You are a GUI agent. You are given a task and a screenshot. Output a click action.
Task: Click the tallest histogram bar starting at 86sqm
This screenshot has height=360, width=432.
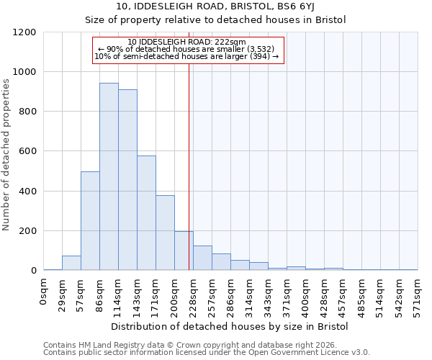(109, 176)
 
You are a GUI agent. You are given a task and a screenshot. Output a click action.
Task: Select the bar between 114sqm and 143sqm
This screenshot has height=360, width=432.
(127, 180)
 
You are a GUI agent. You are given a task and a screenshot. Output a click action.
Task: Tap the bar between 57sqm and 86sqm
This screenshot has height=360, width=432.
(90, 221)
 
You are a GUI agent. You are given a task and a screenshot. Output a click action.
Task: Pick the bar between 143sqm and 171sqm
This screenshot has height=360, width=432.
(146, 213)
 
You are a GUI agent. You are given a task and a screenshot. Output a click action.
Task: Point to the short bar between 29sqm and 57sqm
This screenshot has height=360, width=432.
(71, 263)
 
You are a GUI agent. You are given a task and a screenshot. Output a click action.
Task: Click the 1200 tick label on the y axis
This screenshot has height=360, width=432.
(24, 32)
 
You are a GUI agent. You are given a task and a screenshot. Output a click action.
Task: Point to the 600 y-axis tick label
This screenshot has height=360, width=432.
(27, 151)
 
